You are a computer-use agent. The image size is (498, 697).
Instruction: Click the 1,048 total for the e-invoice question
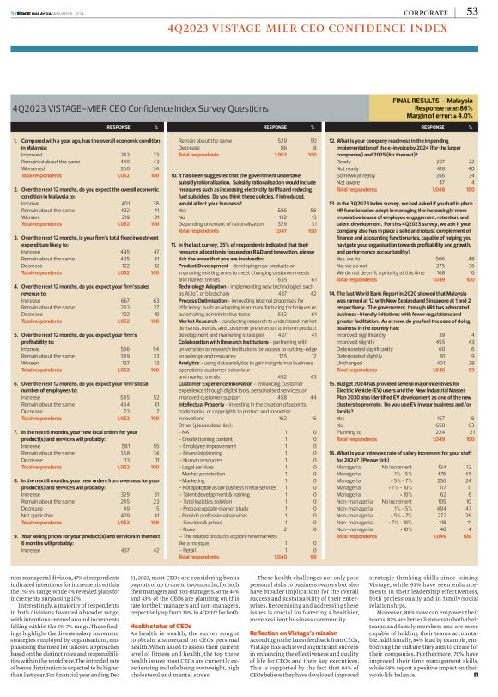pos(438,212)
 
